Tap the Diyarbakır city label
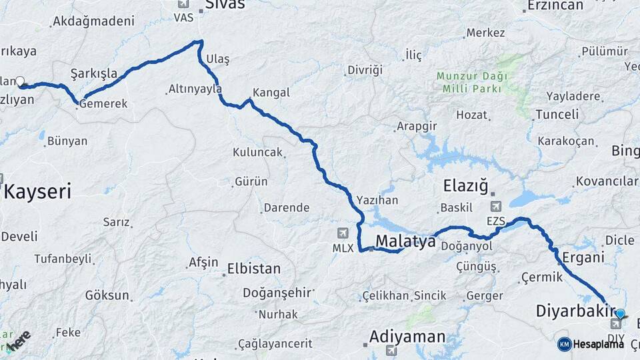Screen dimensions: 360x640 575,311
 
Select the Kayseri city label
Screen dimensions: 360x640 37,192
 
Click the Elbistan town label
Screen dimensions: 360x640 253,269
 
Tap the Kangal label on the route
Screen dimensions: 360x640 271,93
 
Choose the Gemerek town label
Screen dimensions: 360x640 103,104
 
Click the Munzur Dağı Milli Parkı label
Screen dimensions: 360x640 471,82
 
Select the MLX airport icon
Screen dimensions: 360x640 343,233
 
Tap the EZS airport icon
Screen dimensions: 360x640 495,207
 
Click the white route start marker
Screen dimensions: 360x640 20,82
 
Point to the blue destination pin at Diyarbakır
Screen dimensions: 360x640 620,314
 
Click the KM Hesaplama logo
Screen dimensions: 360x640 591,344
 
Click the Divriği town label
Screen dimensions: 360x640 365,70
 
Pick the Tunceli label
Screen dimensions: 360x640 557,114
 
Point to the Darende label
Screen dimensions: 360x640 287,207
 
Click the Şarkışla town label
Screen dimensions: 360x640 93,73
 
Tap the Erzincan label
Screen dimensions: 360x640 555,5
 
